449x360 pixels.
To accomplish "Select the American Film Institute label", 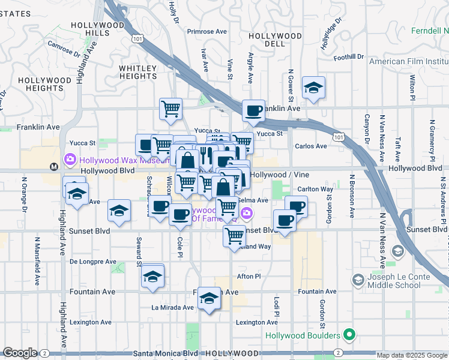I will (409, 61).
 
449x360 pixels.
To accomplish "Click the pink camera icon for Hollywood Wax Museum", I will (70, 159).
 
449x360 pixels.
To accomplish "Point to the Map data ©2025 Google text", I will (412, 355).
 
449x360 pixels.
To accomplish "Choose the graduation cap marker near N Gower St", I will (313, 89).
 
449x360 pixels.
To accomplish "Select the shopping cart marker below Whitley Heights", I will (171, 109).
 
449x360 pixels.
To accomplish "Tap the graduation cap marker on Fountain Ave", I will (208, 298).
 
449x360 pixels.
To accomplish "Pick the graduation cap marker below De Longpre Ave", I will (152, 277).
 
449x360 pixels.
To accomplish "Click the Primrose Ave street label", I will (207, 31).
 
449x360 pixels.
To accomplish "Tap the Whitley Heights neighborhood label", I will (137, 72).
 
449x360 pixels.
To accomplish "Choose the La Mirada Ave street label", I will (172, 307).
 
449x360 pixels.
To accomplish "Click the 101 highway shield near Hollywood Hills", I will (139, 38).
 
